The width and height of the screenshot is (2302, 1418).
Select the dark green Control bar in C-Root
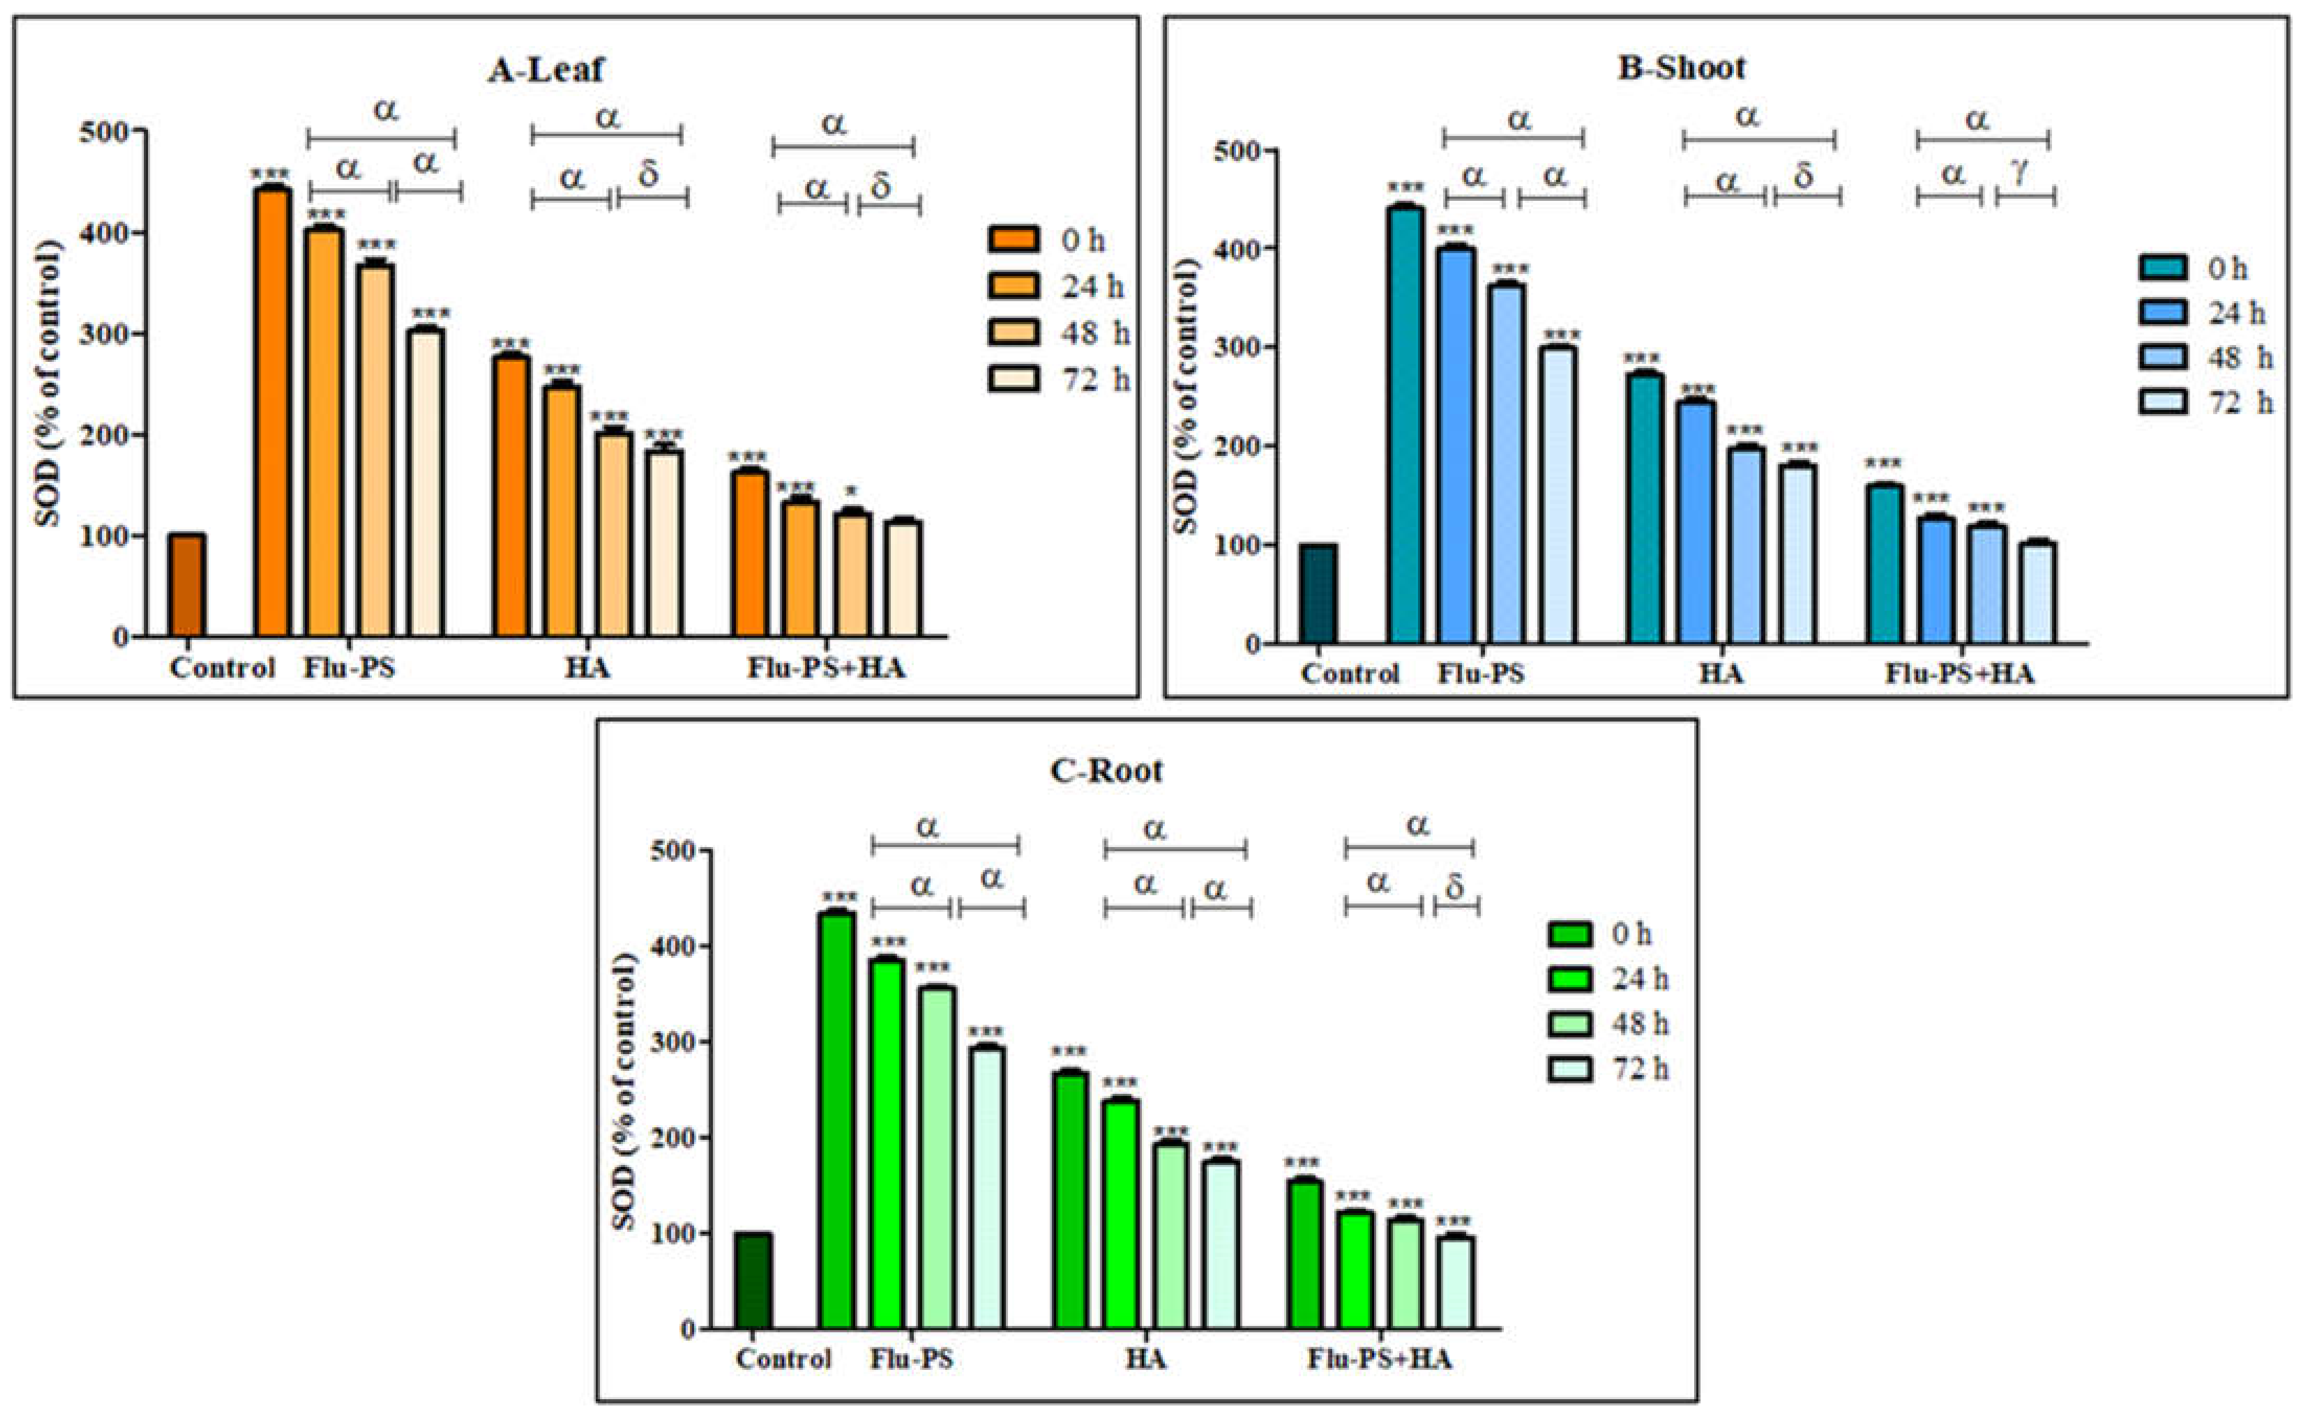[x=753, y=1281]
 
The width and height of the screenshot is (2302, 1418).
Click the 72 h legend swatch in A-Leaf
[x=1013, y=379]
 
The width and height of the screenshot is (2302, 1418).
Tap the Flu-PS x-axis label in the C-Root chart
[x=911, y=1359]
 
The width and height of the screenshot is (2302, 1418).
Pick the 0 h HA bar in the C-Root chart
[x=1071, y=1200]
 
